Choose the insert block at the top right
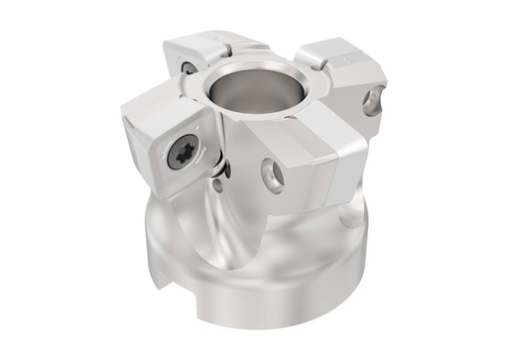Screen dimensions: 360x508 coord(342,69)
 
